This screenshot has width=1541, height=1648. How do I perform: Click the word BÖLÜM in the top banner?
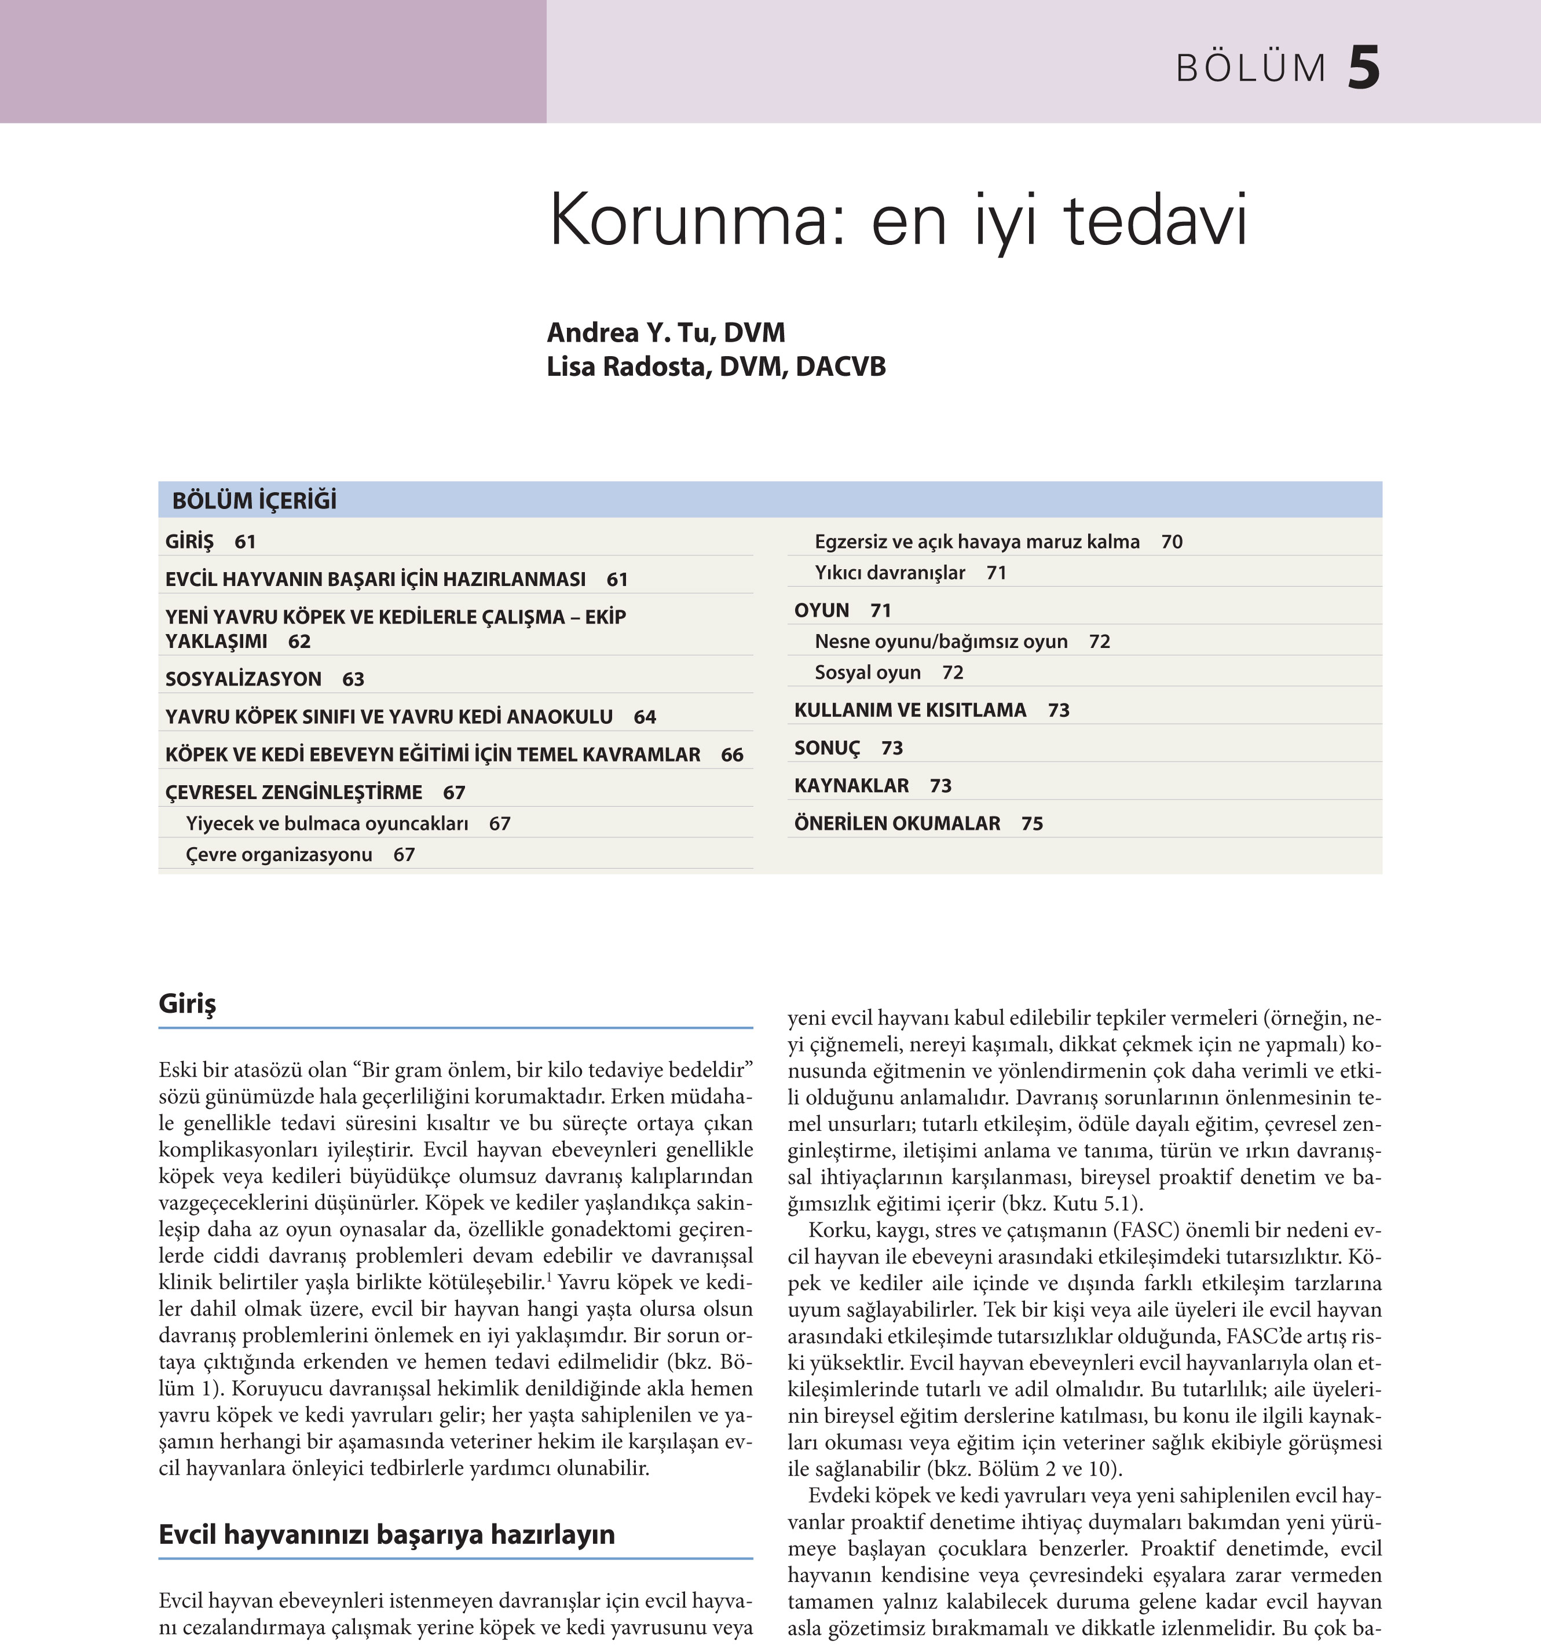[x=1251, y=69]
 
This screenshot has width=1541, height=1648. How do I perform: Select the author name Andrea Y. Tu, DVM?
[x=665, y=332]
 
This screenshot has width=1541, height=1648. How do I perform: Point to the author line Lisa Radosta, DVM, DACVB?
[x=715, y=367]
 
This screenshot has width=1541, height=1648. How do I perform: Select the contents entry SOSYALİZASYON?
[x=243, y=679]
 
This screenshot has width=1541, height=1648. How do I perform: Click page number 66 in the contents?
[x=732, y=755]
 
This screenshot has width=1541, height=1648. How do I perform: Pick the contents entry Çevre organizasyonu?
[x=279, y=855]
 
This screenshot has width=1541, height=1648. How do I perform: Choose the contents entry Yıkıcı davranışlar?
[x=890, y=573]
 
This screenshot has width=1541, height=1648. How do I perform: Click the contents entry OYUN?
[x=822, y=610]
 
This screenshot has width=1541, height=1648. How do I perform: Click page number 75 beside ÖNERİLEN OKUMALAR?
[x=1032, y=823]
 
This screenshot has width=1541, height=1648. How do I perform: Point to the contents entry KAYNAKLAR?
[x=851, y=785]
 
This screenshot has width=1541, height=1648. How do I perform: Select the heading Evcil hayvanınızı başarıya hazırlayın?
[x=386, y=1535]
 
